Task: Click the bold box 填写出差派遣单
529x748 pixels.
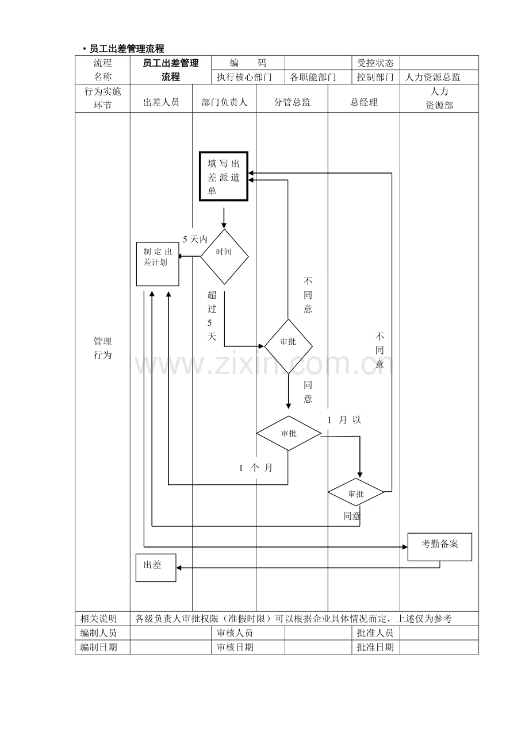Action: (224, 176)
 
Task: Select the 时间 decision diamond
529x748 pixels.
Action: (224, 256)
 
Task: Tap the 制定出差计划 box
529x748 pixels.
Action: (158, 264)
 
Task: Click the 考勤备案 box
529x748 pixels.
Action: (439, 547)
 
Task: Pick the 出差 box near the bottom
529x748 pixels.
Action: (156, 568)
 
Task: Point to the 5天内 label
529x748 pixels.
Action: (195, 239)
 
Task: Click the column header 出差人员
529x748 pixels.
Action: (161, 102)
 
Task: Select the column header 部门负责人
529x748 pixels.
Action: (224, 102)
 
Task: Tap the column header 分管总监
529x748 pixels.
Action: (292, 102)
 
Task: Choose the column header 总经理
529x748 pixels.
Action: (364, 102)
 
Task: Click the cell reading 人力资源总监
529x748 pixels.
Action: (433, 78)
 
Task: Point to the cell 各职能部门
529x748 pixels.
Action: (313, 78)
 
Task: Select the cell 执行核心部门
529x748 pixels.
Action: (244, 78)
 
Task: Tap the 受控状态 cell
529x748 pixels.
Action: (375, 63)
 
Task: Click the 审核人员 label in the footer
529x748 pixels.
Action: (235, 633)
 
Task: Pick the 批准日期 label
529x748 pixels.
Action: (375, 647)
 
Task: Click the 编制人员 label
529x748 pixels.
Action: (98, 633)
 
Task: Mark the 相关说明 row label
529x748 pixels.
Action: (98, 619)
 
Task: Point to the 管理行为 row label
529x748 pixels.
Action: (102, 348)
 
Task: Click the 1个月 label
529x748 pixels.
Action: (256, 468)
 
